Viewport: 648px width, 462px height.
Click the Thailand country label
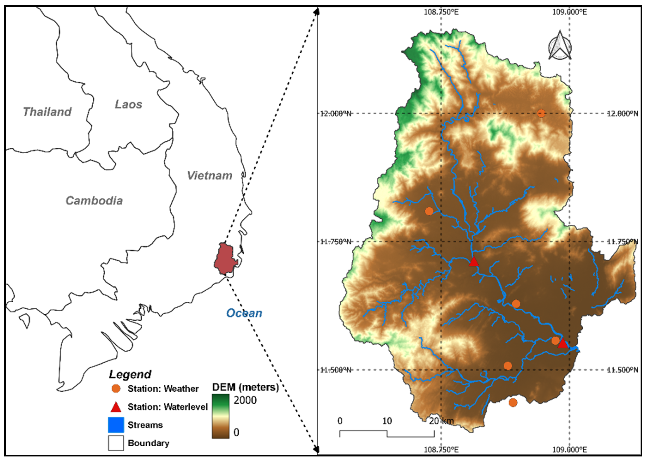[x=47, y=112]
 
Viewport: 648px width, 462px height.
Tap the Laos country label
[x=128, y=104]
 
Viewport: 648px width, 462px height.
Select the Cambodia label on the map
[x=94, y=201]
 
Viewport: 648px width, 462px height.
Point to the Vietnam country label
[x=210, y=176]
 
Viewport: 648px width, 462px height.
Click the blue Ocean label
[x=244, y=313]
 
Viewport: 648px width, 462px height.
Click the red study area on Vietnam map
[x=225, y=259]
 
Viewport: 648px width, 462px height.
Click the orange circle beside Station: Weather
[x=116, y=389]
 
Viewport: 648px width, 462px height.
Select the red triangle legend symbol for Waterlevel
[x=116, y=407]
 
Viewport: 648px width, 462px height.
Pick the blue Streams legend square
[x=116, y=425]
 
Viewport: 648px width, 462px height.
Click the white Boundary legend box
[x=116, y=443]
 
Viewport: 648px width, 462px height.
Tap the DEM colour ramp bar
[x=221, y=416]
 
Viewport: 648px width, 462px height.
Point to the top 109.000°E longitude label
[x=569, y=12]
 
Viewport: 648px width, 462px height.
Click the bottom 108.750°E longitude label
[x=441, y=450]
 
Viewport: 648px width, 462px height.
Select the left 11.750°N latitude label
[x=336, y=242]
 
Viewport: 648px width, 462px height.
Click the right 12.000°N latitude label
[x=622, y=113]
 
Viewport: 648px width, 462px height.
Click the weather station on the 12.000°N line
[x=541, y=113]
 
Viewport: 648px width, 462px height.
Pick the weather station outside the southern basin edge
[x=513, y=402]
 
